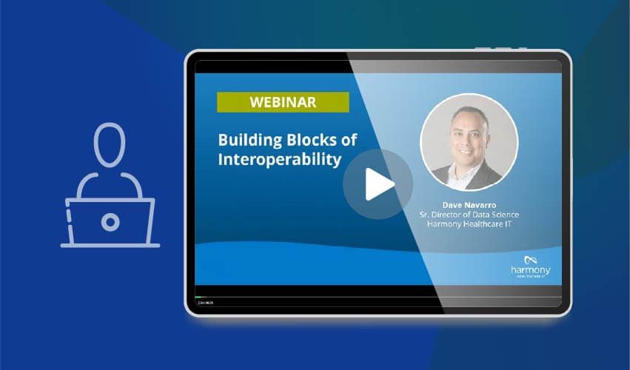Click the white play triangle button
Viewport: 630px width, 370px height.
click(x=379, y=185)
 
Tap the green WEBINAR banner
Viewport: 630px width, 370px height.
click(x=283, y=101)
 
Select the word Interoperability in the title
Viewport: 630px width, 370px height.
click(x=279, y=159)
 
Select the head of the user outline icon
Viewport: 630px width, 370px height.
click(x=110, y=144)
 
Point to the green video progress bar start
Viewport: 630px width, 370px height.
click(x=198, y=297)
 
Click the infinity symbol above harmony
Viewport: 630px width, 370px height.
click(x=529, y=260)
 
